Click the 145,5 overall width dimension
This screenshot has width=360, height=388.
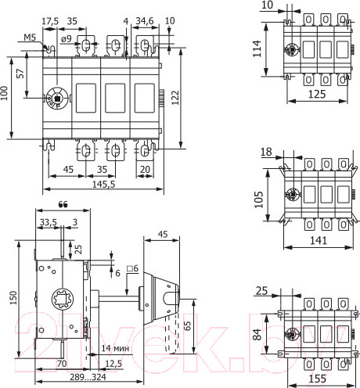point(102,184)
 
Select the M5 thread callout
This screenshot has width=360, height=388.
point(30,37)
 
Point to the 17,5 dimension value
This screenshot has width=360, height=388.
point(50,20)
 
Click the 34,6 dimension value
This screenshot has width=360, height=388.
point(145,20)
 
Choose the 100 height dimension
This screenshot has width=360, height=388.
point(6,96)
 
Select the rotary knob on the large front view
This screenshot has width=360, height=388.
point(56,98)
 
